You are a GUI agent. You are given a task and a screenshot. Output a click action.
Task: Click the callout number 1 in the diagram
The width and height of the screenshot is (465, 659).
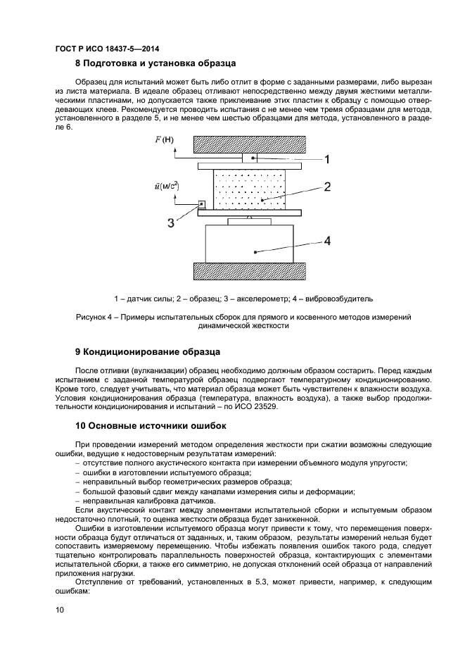[x=326, y=160]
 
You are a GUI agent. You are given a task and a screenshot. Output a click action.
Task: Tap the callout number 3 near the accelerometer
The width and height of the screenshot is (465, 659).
[x=171, y=223]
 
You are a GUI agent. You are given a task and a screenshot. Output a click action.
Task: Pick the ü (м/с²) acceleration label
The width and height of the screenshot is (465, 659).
[x=166, y=187]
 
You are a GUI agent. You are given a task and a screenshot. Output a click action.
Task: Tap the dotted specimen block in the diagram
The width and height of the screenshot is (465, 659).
[x=250, y=189]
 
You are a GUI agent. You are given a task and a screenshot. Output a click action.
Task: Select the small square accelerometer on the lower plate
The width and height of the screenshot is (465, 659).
[x=203, y=205]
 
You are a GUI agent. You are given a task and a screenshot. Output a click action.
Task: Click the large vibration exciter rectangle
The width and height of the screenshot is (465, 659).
[x=250, y=243]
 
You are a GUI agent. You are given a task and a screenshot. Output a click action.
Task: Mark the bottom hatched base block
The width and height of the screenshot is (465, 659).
[x=250, y=272]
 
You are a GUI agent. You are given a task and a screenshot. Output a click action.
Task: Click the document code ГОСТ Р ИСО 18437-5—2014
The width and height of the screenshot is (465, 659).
[x=106, y=49]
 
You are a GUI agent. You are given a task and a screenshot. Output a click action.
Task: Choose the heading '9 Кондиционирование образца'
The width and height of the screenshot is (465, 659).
[x=148, y=351]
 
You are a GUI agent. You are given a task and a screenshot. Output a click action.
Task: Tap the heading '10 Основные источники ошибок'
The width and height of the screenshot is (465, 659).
[x=151, y=426]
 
